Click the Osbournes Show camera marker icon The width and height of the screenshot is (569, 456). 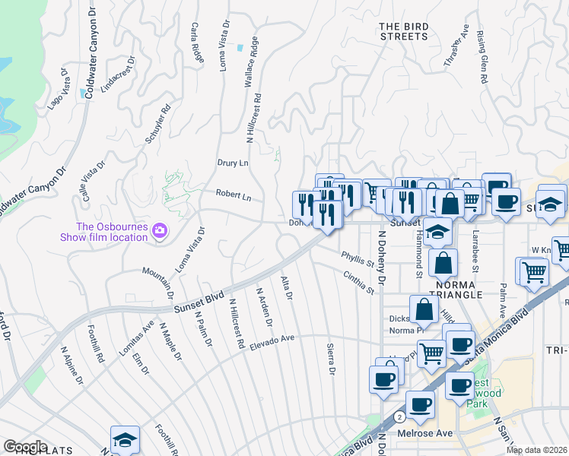click(160, 230)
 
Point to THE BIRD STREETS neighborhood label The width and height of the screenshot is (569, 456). click(404, 31)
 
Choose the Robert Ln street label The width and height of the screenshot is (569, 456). click(234, 195)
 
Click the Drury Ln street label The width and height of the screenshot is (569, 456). click(233, 163)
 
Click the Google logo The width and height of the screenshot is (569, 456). click(25, 446)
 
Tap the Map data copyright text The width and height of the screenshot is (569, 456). click(536, 450)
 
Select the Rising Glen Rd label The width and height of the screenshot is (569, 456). click(482, 56)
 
